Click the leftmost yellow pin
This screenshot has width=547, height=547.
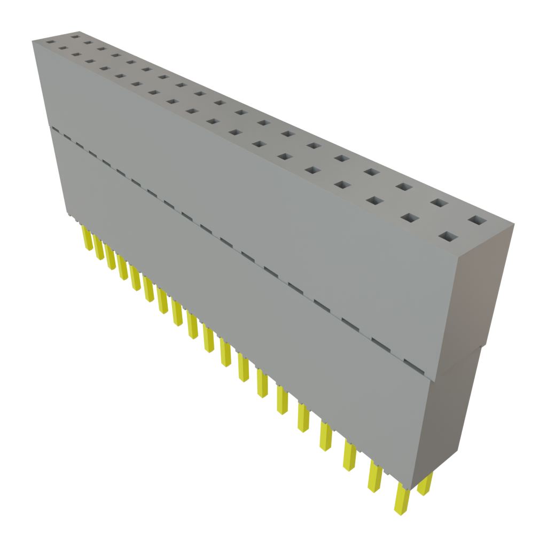click(85, 237)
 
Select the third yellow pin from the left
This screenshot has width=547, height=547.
click(111, 257)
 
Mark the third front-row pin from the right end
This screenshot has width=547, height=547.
click(349, 457)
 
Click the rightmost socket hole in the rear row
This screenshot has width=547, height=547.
click(477, 220)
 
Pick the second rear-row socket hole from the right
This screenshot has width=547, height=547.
click(439, 202)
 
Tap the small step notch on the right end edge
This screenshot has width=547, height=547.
click(481, 350)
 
